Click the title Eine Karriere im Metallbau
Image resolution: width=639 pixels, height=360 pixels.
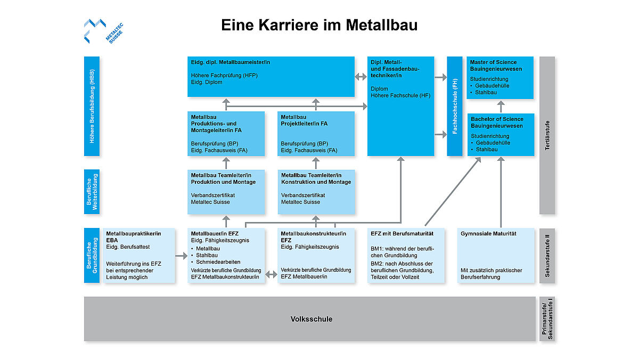pyautogui.click(x=319, y=25)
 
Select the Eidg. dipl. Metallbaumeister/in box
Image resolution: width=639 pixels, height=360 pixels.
pyautogui.click(x=271, y=77)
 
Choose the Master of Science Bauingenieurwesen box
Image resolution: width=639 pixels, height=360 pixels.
pyautogui.click(x=500, y=78)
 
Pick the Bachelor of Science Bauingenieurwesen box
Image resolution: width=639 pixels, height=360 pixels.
pyautogui.click(x=500, y=135)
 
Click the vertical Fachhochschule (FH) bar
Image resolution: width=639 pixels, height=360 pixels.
pyautogui.click(x=455, y=106)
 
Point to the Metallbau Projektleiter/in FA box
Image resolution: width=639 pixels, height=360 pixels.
pyautogui.click(x=316, y=134)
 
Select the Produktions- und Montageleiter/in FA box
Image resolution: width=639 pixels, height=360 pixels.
pyautogui.click(x=226, y=134)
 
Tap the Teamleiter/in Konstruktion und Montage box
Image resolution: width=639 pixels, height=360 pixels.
pyautogui.click(x=316, y=192)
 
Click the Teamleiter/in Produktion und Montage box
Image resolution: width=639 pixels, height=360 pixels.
pyautogui.click(x=226, y=192)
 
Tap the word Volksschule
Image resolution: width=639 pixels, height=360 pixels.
pyautogui.click(x=312, y=319)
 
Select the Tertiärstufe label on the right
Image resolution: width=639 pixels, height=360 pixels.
pyautogui.click(x=547, y=135)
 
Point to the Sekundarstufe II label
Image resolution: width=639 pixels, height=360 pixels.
pyautogui.click(x=547, y=255)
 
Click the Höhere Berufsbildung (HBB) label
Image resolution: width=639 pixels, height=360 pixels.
pyautogui.click(x=92, y=106)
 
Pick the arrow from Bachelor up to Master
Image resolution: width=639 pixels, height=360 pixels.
pyautogui.click(x=500, y=106)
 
